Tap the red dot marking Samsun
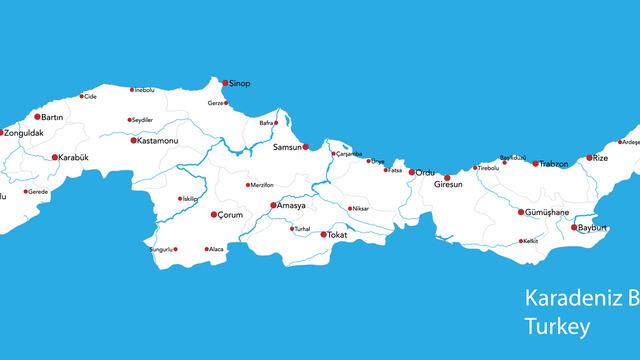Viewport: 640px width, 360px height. point(306,148)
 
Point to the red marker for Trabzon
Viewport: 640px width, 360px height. point(535,163)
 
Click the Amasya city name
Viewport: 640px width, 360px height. point(291,206)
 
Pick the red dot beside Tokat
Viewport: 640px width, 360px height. point(323,234)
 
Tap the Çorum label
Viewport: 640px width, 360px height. point(230,215)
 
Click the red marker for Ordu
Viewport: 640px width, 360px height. point(411,172)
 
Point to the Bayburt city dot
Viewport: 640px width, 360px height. point(573,228)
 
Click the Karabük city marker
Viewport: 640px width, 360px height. point(55,157)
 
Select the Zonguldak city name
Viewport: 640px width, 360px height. point(24,132)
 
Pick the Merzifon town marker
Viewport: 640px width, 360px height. point(248,184)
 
